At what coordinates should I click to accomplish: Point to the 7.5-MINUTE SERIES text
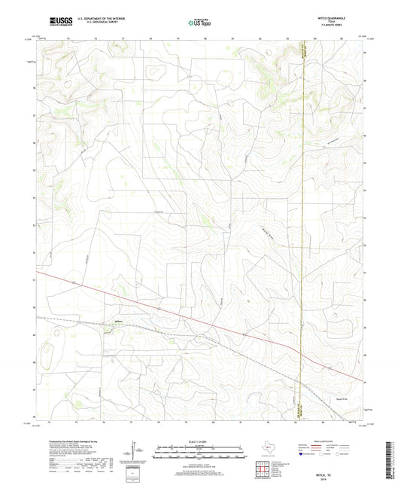pos(341,27)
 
